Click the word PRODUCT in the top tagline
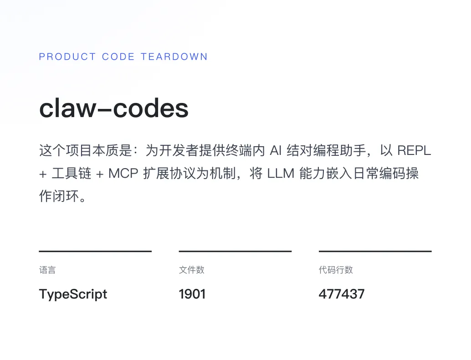click(x=67, y=57)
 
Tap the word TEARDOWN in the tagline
click(x=174, y=57)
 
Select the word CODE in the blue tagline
click(x=118, y=57)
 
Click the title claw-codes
click(x=114, y=109)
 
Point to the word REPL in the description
click(x=414, y=150)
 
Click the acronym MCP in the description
click(x=123, y=174)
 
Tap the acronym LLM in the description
click(x=280, y=174)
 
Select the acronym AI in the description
click(x=276, y=150)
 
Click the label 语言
click(x=47, y=270)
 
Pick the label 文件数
click(x=192, y=270)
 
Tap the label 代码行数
click(x=336, y=270)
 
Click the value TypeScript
click(x=73, y=294)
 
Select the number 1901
click(x=192, y=294)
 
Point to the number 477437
click(x=342, y=294)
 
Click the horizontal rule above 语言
click(x=95, y=251)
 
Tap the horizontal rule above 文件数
click(x=235, y=251)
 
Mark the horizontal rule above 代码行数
click(x=375, y=251)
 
